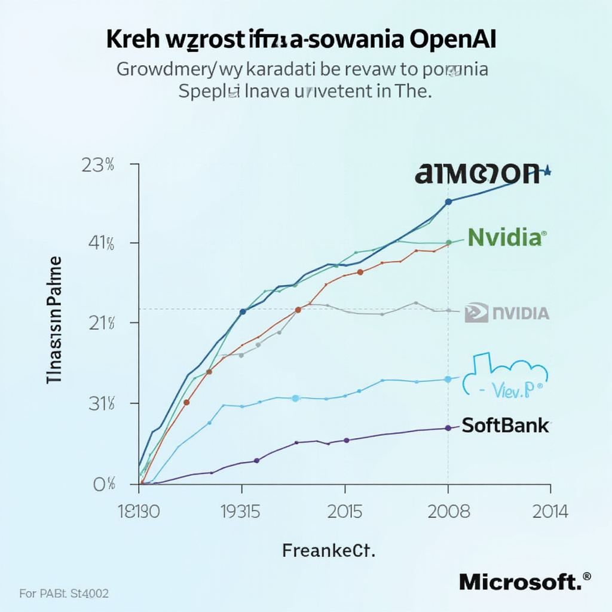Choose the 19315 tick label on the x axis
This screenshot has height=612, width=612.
point(241,512)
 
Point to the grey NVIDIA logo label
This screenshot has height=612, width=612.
point(507,313)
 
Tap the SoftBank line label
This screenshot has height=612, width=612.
point(506,425)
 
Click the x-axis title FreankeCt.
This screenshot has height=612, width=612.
point(328,551)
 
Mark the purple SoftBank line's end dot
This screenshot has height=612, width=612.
point(448,428)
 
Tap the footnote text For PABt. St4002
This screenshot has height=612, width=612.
point(64,594)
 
